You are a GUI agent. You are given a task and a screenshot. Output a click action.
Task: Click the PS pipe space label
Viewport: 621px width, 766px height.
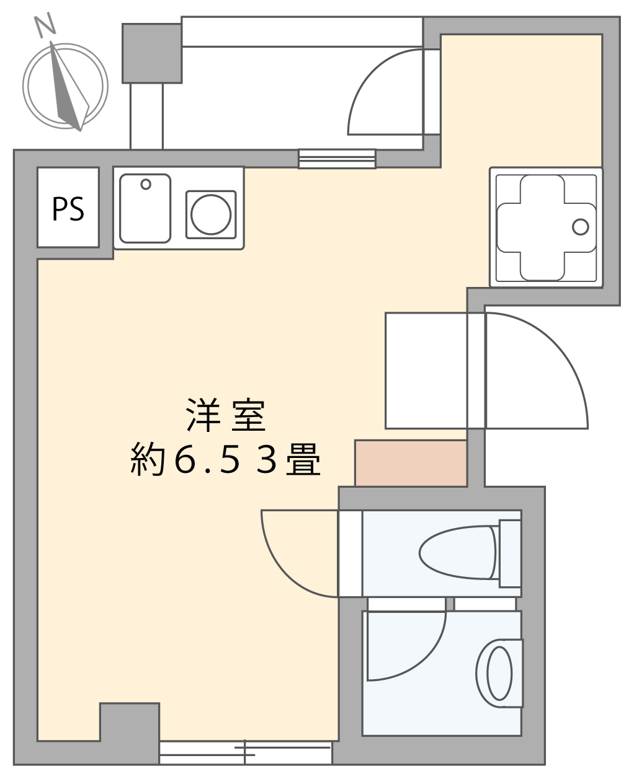68,209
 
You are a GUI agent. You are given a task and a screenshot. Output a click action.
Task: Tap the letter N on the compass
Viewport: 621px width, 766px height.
45,25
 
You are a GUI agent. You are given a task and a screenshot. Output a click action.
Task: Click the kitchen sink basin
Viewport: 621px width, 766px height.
145,209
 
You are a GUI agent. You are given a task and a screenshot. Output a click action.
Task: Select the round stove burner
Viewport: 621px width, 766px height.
211,214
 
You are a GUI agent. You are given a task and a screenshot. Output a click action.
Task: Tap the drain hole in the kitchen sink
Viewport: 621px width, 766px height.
146,184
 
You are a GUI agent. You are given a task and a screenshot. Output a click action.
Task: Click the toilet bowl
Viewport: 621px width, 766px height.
457,553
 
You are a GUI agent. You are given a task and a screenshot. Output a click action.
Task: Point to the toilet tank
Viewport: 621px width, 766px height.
510,553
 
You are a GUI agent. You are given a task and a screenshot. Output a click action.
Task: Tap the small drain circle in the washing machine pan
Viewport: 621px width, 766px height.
580,227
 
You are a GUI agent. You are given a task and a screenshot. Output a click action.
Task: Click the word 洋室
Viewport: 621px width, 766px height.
226,415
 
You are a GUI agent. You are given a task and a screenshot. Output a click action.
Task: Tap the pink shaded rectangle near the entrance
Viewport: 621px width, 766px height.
411,463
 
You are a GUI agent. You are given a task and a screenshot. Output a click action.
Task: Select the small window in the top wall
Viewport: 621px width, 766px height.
337,159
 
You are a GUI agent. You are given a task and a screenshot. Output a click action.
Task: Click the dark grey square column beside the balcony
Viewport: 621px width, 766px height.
151,53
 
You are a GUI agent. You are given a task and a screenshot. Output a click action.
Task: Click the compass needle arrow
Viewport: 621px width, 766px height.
69,86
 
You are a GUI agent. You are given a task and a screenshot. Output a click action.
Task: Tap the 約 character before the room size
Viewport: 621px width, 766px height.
148,459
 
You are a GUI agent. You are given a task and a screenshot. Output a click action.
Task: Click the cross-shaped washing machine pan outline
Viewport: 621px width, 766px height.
546,227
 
